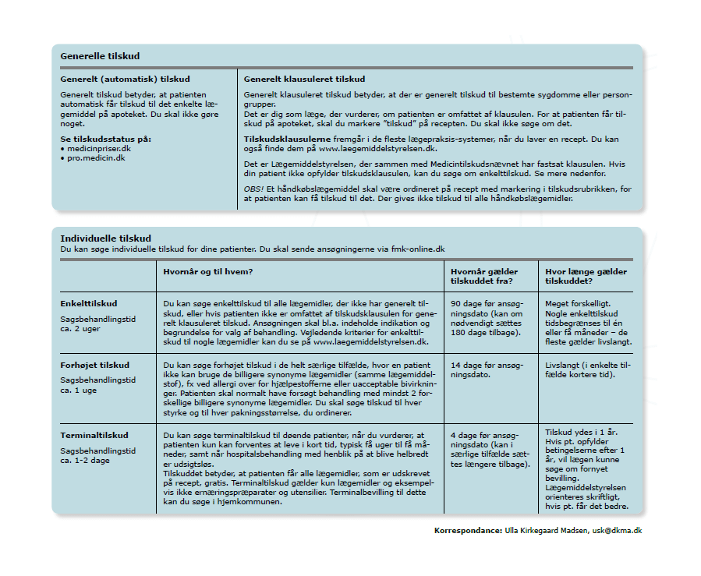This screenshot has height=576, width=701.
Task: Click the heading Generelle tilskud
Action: click(100, 56)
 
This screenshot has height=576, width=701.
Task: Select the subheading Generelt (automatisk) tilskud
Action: click(125, 79)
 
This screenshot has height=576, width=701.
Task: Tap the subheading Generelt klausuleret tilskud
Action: click(304, 79)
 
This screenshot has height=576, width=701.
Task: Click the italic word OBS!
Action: click(254, 189)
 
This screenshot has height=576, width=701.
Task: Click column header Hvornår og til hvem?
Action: click(210, 271)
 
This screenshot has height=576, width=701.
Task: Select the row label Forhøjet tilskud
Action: click(94, 365)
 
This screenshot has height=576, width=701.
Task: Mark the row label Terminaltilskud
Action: click(94, 435)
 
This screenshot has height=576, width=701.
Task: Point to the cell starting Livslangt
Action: click(589, 369)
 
